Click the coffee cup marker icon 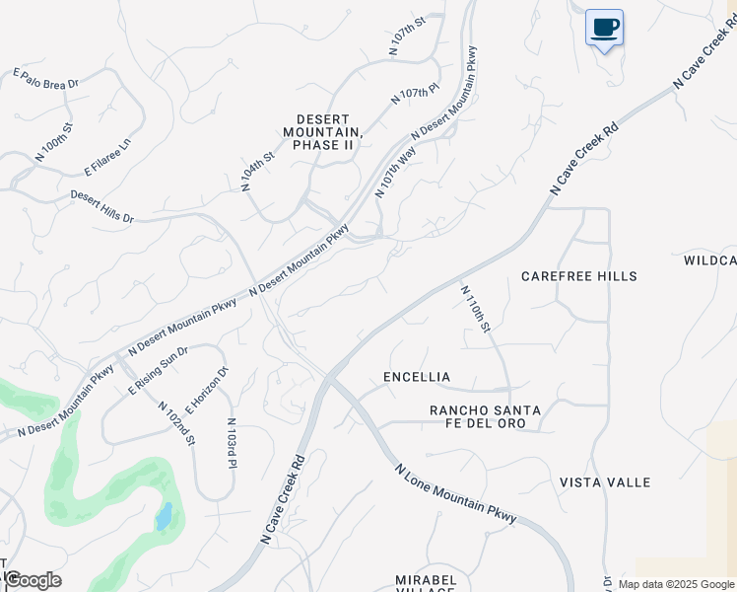point(604,28)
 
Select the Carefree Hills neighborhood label point(579,276)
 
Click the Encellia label point(417,377)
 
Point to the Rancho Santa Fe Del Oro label point(478,416)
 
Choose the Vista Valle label point(605,481)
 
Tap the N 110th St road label point(475,309)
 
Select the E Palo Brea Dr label point(45,80)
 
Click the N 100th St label point(53,142)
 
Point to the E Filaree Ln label point(107,158)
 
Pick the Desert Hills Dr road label point(101,206)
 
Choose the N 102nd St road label point(177,421)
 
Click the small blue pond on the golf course point(165,516)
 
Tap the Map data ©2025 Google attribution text point(676,584)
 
